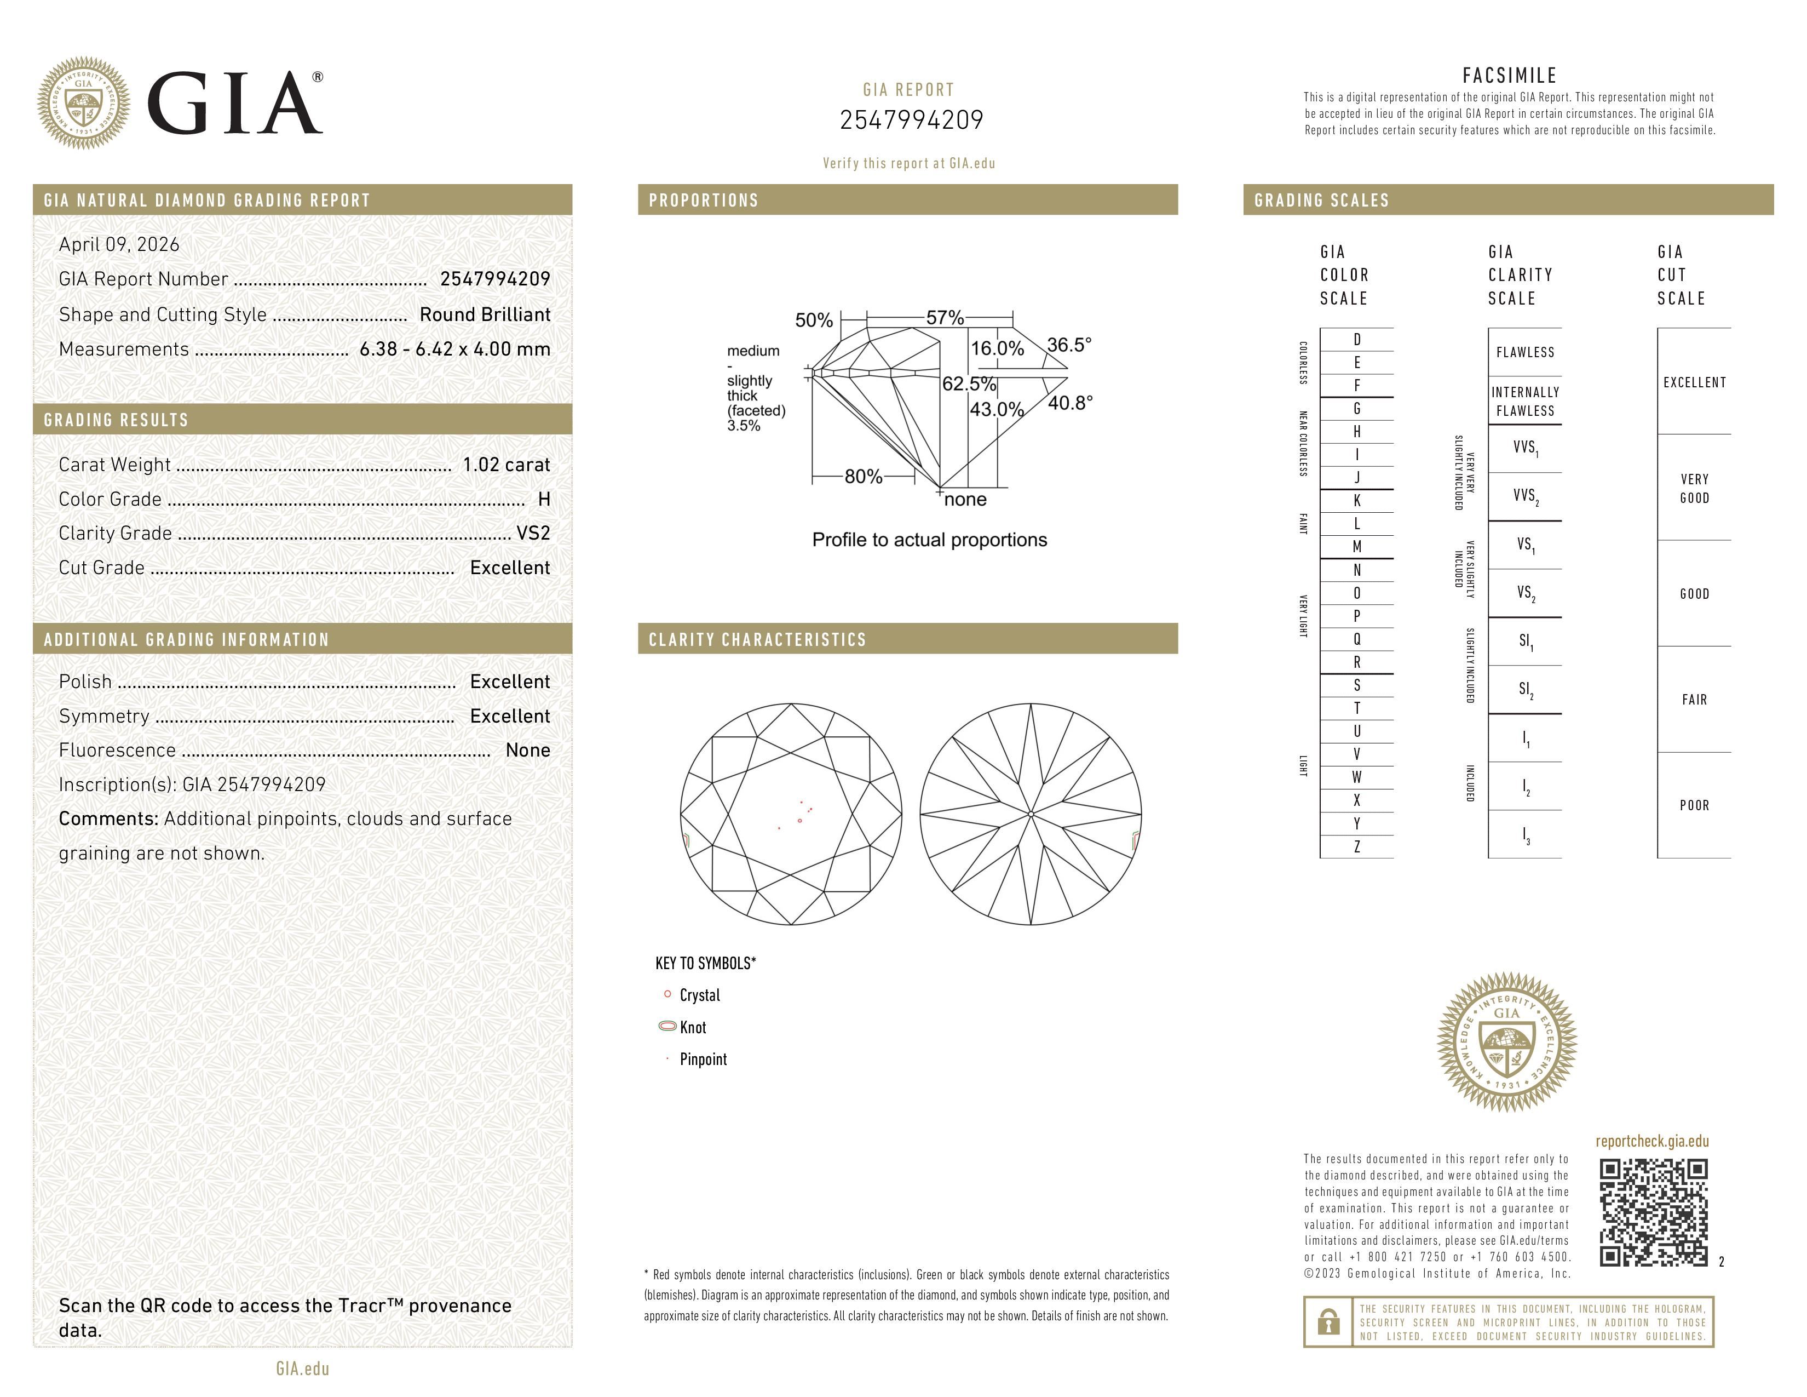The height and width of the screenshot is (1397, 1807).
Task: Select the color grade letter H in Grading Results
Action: click(x=544, y=499)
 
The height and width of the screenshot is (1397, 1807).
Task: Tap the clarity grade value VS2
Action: click(x=533, y=533)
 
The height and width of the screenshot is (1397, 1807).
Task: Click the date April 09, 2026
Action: click(x=119, y=244)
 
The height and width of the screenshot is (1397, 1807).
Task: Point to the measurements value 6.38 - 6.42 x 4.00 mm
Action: click(x=454, y=350)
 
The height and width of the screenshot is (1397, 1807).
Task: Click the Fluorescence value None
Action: click(x=528, y=750)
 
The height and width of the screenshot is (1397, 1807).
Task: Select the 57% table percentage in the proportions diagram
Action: click(x=945, y=317)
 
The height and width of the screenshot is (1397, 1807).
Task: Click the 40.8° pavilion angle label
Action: click(x=1070, y=403)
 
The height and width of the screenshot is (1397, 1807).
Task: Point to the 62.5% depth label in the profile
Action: click(x=969, y=384)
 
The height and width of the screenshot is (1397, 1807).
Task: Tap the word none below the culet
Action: click(x=965, y=499)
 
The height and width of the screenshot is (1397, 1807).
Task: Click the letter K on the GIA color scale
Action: click(x=1357, y=501)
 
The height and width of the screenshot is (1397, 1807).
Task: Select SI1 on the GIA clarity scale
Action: click(x=1525, y=642)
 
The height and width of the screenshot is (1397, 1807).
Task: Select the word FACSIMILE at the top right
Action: click(x=1509, y=75)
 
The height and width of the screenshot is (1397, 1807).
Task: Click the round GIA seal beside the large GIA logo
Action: click(x=83, y=104)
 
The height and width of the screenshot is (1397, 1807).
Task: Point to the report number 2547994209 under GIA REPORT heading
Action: click(x=911, y=120)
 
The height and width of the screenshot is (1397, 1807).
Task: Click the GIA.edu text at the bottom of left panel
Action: click(x=302, y=1368)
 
